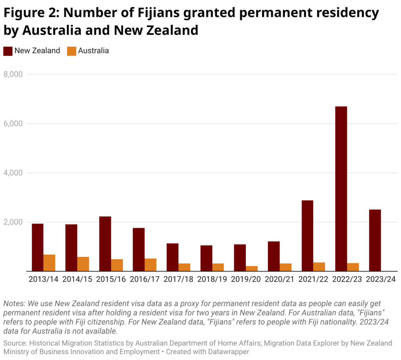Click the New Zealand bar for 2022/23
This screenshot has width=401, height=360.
tap(341, 189)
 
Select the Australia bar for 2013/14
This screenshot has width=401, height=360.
tap(49, 263)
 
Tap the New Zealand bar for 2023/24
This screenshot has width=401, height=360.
tap(375, 240)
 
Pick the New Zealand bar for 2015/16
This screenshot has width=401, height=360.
tap(105, 243)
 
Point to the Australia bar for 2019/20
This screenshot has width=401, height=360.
tap(252, 268)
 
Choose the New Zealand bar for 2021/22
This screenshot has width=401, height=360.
tap(307, 236)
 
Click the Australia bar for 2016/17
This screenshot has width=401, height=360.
tap(150, 265)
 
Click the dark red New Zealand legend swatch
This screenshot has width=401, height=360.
tap(7, 51)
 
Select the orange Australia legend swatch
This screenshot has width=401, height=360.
tap(71, 51)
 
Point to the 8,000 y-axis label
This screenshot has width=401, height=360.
tap(13, 74)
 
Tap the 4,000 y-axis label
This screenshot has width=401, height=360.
tap(13, 173)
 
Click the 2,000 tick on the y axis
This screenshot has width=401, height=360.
tap(13, 222)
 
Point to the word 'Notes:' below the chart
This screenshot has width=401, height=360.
tap(14, 304)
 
